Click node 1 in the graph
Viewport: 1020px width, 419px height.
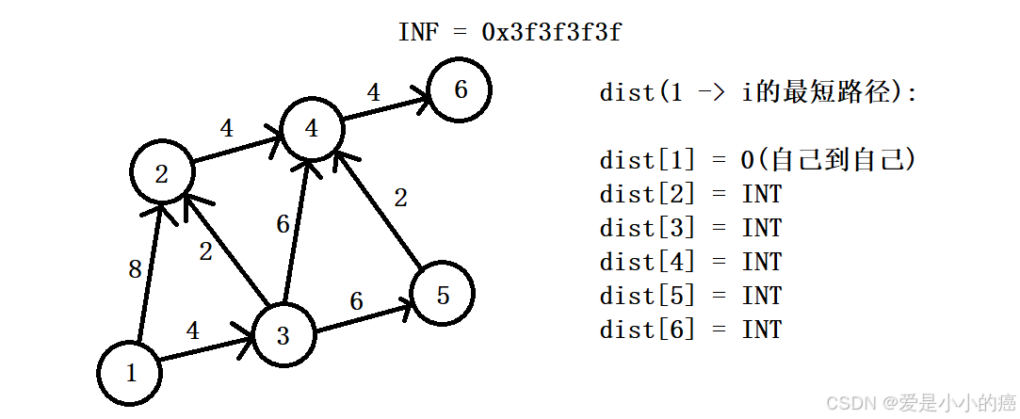tap(130, 373)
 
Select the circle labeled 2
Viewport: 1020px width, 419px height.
tap(162, 173)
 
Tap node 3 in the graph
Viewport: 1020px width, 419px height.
tap(283, 335)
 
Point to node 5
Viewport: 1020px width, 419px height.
tap(443, 295)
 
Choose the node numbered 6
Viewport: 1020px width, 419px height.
tap(460, 90)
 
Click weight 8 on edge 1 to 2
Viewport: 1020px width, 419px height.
tap(135, 270)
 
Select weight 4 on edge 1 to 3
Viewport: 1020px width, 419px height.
tap(193, 330)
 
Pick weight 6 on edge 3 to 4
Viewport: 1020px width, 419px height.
tap(283, 224)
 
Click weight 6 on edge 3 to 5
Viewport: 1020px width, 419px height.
tap(356, 301)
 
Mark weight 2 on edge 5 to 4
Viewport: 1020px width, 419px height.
tap(400, 198)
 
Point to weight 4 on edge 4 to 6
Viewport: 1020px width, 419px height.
tap(374, 92)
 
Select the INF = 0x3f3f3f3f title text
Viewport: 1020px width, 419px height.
tap(510, 32)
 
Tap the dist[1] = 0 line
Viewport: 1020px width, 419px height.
tap(757, 160)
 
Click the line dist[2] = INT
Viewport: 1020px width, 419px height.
tap(690, 194)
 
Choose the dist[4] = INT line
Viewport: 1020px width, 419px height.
tap(690, 262)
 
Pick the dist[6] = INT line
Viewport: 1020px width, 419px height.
tap(690, 330)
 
